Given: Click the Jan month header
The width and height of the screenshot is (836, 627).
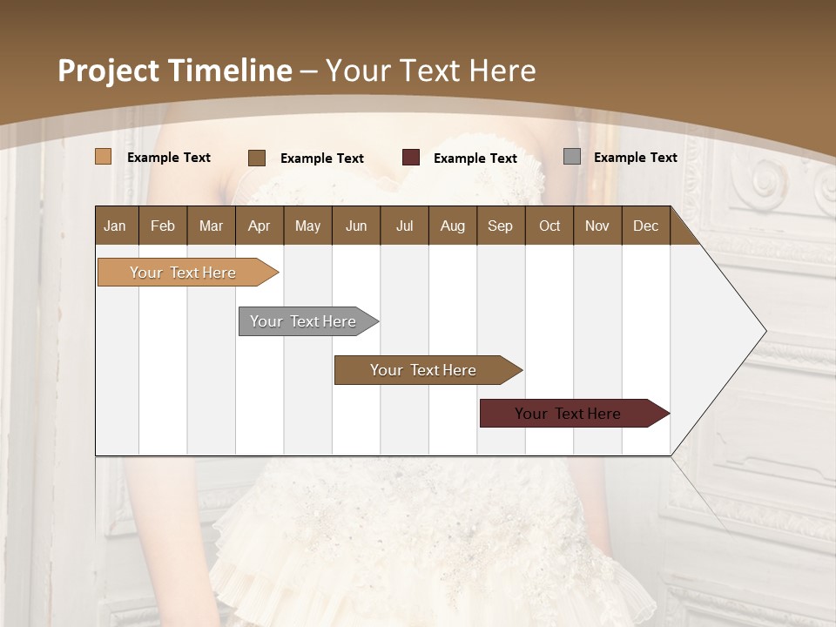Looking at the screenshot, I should pos(115,226).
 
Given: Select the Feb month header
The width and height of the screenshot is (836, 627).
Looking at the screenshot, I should pos(163,226).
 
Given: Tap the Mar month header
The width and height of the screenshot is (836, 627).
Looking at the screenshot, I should pos(211,226).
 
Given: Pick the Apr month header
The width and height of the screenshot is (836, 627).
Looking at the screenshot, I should pos(259,226).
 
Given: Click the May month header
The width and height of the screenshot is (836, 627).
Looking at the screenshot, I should pos(307,226).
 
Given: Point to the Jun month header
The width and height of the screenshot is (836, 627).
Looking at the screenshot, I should pos(356,226).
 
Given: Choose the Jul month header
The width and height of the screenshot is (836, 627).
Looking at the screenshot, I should pos(404,226).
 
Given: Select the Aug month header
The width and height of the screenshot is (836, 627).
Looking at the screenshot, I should pos(452,226).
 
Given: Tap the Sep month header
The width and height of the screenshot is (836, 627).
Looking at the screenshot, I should pos(500,226).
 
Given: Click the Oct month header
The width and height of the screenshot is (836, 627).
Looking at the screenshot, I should pos(549,226).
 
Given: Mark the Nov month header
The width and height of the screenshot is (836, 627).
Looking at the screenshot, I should pos(597,226).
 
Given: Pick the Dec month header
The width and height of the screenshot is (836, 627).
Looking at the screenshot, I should pos(645,226).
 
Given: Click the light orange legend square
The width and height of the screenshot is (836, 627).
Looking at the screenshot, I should pos(103,157).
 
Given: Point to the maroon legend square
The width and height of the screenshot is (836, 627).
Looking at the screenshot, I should pos(411,158).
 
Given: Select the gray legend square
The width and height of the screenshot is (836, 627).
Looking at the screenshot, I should pos(571,157).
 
